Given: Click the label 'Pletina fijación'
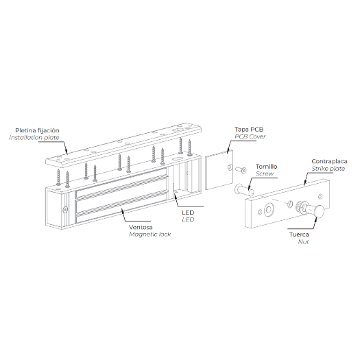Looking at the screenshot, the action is point(37,131).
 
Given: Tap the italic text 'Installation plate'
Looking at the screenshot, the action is point(34,138).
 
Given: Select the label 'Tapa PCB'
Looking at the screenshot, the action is point(249,130).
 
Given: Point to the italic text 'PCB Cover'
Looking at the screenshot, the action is point(250,136).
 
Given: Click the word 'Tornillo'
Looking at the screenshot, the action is point(267,167).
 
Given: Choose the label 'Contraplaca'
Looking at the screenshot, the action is point(329,161).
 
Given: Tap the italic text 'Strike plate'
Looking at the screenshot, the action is point(328,169).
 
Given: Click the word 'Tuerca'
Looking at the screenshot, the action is point(299,235).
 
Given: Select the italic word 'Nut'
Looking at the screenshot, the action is point(303,242).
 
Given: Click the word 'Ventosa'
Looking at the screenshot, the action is point(141,228).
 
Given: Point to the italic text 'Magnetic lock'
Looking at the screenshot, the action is point(150,235).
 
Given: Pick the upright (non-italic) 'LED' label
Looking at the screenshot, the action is point(188,213).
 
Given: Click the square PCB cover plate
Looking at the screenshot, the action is point(219,170).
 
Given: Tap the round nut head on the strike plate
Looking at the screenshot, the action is point(320,211).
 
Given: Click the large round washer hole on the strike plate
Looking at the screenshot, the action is point(269,209).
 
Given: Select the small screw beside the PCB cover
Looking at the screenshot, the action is point(241,170).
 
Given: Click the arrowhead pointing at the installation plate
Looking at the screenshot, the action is point(66,152).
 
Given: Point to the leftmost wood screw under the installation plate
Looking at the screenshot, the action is point(58,177).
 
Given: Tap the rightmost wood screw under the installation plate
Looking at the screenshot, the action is point(189,147).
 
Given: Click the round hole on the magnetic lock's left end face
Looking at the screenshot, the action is point(65,209).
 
